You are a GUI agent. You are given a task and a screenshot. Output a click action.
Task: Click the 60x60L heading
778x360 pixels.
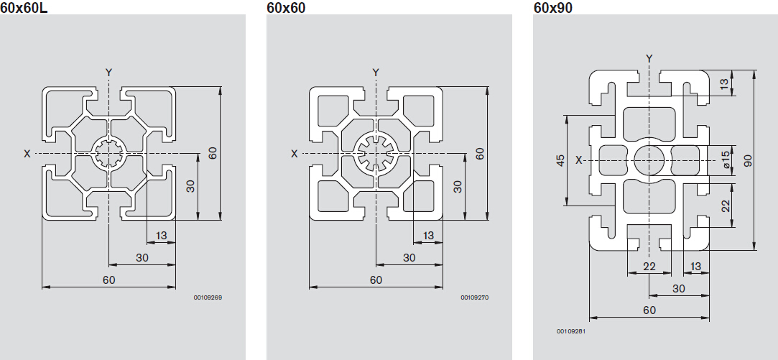(x=24, y=7)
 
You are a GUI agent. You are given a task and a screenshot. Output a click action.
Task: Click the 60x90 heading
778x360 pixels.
(x=552, y=7)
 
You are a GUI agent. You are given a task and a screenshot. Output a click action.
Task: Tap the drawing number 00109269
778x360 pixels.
(x=208, y=298)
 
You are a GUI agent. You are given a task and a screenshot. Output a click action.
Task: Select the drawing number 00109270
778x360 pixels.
(x=475, y=298)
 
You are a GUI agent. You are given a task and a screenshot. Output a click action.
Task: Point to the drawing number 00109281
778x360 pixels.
(x=571, y=331)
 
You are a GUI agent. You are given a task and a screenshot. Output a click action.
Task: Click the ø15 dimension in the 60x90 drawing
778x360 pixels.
(x=726, y=160)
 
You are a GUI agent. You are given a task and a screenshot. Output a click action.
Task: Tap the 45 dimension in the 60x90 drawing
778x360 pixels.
(x=560, y=160)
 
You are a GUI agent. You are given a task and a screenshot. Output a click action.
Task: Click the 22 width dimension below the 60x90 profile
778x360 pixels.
(x=649, y=267)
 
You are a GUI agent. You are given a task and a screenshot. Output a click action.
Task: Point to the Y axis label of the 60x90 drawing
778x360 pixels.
(x=649, y=59)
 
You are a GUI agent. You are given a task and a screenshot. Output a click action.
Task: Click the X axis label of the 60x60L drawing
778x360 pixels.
(x=27, y=154)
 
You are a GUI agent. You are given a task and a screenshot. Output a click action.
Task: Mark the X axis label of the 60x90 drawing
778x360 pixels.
(x=578, y=160)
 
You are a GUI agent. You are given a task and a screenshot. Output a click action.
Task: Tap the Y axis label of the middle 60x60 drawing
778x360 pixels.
(x=376, y=73)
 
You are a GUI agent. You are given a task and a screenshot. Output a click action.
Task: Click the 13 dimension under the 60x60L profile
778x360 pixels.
(x=161, y=236)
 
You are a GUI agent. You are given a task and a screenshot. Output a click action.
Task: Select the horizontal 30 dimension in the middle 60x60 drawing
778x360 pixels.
(x=409, y=258)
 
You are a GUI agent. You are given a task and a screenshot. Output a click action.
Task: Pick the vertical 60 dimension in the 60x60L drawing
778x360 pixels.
(x=213, y=153)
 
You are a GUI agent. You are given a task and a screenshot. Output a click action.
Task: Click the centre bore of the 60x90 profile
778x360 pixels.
(x=649, y=160)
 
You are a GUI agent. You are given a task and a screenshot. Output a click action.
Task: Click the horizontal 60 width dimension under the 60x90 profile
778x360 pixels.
(x=649, y=310)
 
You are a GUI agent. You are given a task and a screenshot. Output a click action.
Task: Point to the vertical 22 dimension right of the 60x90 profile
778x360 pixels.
(x=726, y=206)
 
